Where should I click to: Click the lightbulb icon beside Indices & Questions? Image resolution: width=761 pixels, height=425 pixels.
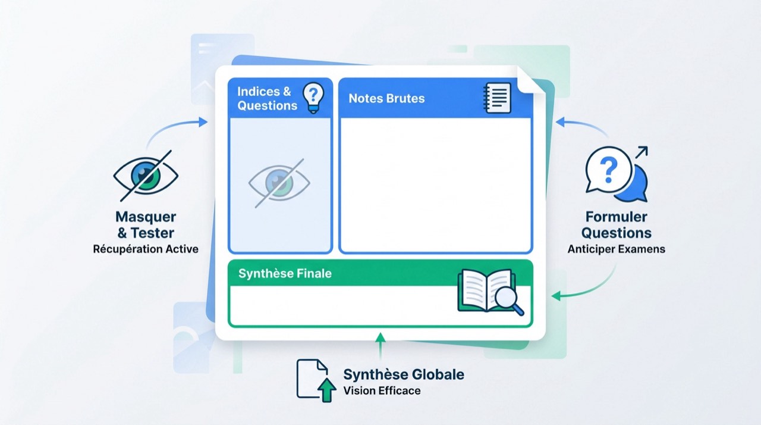(313, 98)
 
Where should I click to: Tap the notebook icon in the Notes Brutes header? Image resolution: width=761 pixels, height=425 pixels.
(496, 98)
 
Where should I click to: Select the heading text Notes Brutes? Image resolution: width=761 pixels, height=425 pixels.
(386, 98)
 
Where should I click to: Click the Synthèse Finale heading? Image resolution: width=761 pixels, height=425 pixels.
(285, 273)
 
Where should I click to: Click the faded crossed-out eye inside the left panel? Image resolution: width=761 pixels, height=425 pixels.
(279, 183)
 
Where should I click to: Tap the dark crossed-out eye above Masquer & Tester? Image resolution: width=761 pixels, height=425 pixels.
(146, 176)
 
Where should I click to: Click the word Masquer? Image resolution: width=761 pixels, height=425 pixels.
(146, 217)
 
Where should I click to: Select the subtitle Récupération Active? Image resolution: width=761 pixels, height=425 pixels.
(146, 249)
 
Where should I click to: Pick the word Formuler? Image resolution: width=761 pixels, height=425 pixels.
(617, 217)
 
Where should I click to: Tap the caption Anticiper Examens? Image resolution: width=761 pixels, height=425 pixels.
(617, 249)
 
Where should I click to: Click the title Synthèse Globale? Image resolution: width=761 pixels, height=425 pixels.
(404, 374)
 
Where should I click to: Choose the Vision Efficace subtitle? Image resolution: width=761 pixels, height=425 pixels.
(382, 390)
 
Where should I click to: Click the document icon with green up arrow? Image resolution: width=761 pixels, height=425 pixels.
(316, 380)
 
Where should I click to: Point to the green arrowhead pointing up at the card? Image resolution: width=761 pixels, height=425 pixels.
(380, 337)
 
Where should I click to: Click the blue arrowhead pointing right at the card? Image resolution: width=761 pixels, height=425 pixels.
(203, 122)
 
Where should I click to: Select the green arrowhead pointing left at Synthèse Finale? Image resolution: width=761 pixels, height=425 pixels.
(556, 296)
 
